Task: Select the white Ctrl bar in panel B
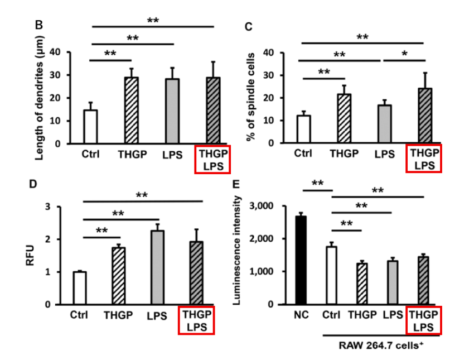(x=90, y=127)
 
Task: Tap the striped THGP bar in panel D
(x=118, y=276)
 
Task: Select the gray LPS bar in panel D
(x=158, y=267)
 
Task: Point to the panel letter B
(x=39, y=26)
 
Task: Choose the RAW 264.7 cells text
(x=382, y=345)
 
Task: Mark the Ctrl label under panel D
(x=80, y=315)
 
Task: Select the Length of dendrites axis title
(x=40, y=97)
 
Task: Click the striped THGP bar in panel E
(x=361, y=284)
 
